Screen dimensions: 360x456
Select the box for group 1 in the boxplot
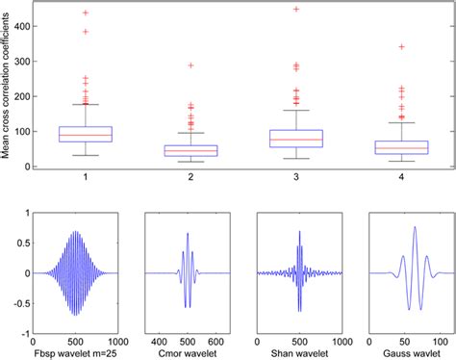click(86, 134)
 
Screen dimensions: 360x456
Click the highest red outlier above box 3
click(296, 10)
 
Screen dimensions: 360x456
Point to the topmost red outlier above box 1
click(86, 13)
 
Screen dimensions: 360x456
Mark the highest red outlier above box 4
click(401, 46)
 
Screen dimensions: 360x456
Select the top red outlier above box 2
click(190, 65)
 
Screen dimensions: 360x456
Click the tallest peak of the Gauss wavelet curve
click(414, 227)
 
